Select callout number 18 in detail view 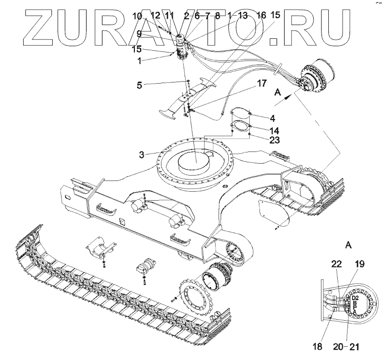coord(317,347)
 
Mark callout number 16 coord(261,15)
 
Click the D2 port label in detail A coord(354,299)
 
